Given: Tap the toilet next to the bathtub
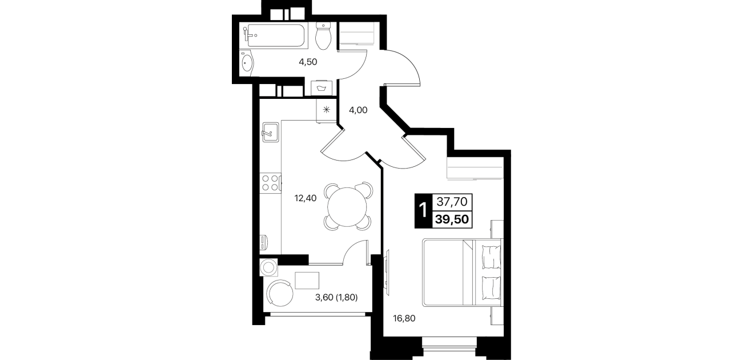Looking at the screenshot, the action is point(323,36).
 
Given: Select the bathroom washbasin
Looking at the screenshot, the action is point(247,62).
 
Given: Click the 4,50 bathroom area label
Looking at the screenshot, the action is point(308,62).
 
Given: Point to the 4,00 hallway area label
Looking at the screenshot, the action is point(358,110).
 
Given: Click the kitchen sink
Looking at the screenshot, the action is point(271,132).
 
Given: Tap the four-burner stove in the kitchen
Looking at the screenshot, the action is point(270,183).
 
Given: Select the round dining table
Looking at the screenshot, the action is point(347,207).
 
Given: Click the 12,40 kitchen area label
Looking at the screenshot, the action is point(306,198).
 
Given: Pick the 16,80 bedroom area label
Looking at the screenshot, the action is point(404,318).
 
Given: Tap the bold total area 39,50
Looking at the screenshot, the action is point(452,219).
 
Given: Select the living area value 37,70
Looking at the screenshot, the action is point(452,201).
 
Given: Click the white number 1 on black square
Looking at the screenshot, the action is point(423,211).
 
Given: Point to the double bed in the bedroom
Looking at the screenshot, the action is point(462,273).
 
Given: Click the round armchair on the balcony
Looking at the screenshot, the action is point(280,293).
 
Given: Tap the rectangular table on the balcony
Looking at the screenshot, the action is point(307,281).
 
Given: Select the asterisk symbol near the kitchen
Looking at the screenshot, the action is point(327,110).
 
